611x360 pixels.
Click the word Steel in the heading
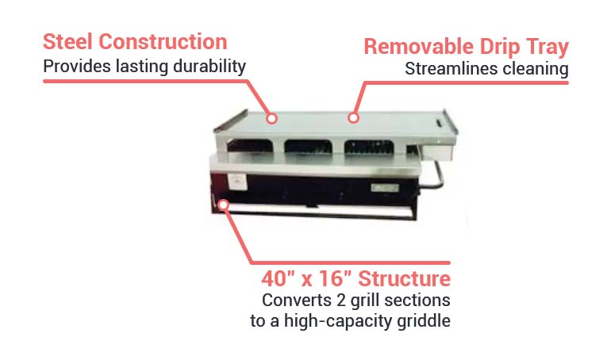(x=69, y=41)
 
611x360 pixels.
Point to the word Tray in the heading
(x=544, y=47)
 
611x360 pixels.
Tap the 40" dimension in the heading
(x=279, y=279)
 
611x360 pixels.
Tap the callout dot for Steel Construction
(x=271, y=118)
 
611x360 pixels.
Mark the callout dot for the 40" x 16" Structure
(x=224, y=205)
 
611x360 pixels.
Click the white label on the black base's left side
(x=236, y=182)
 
